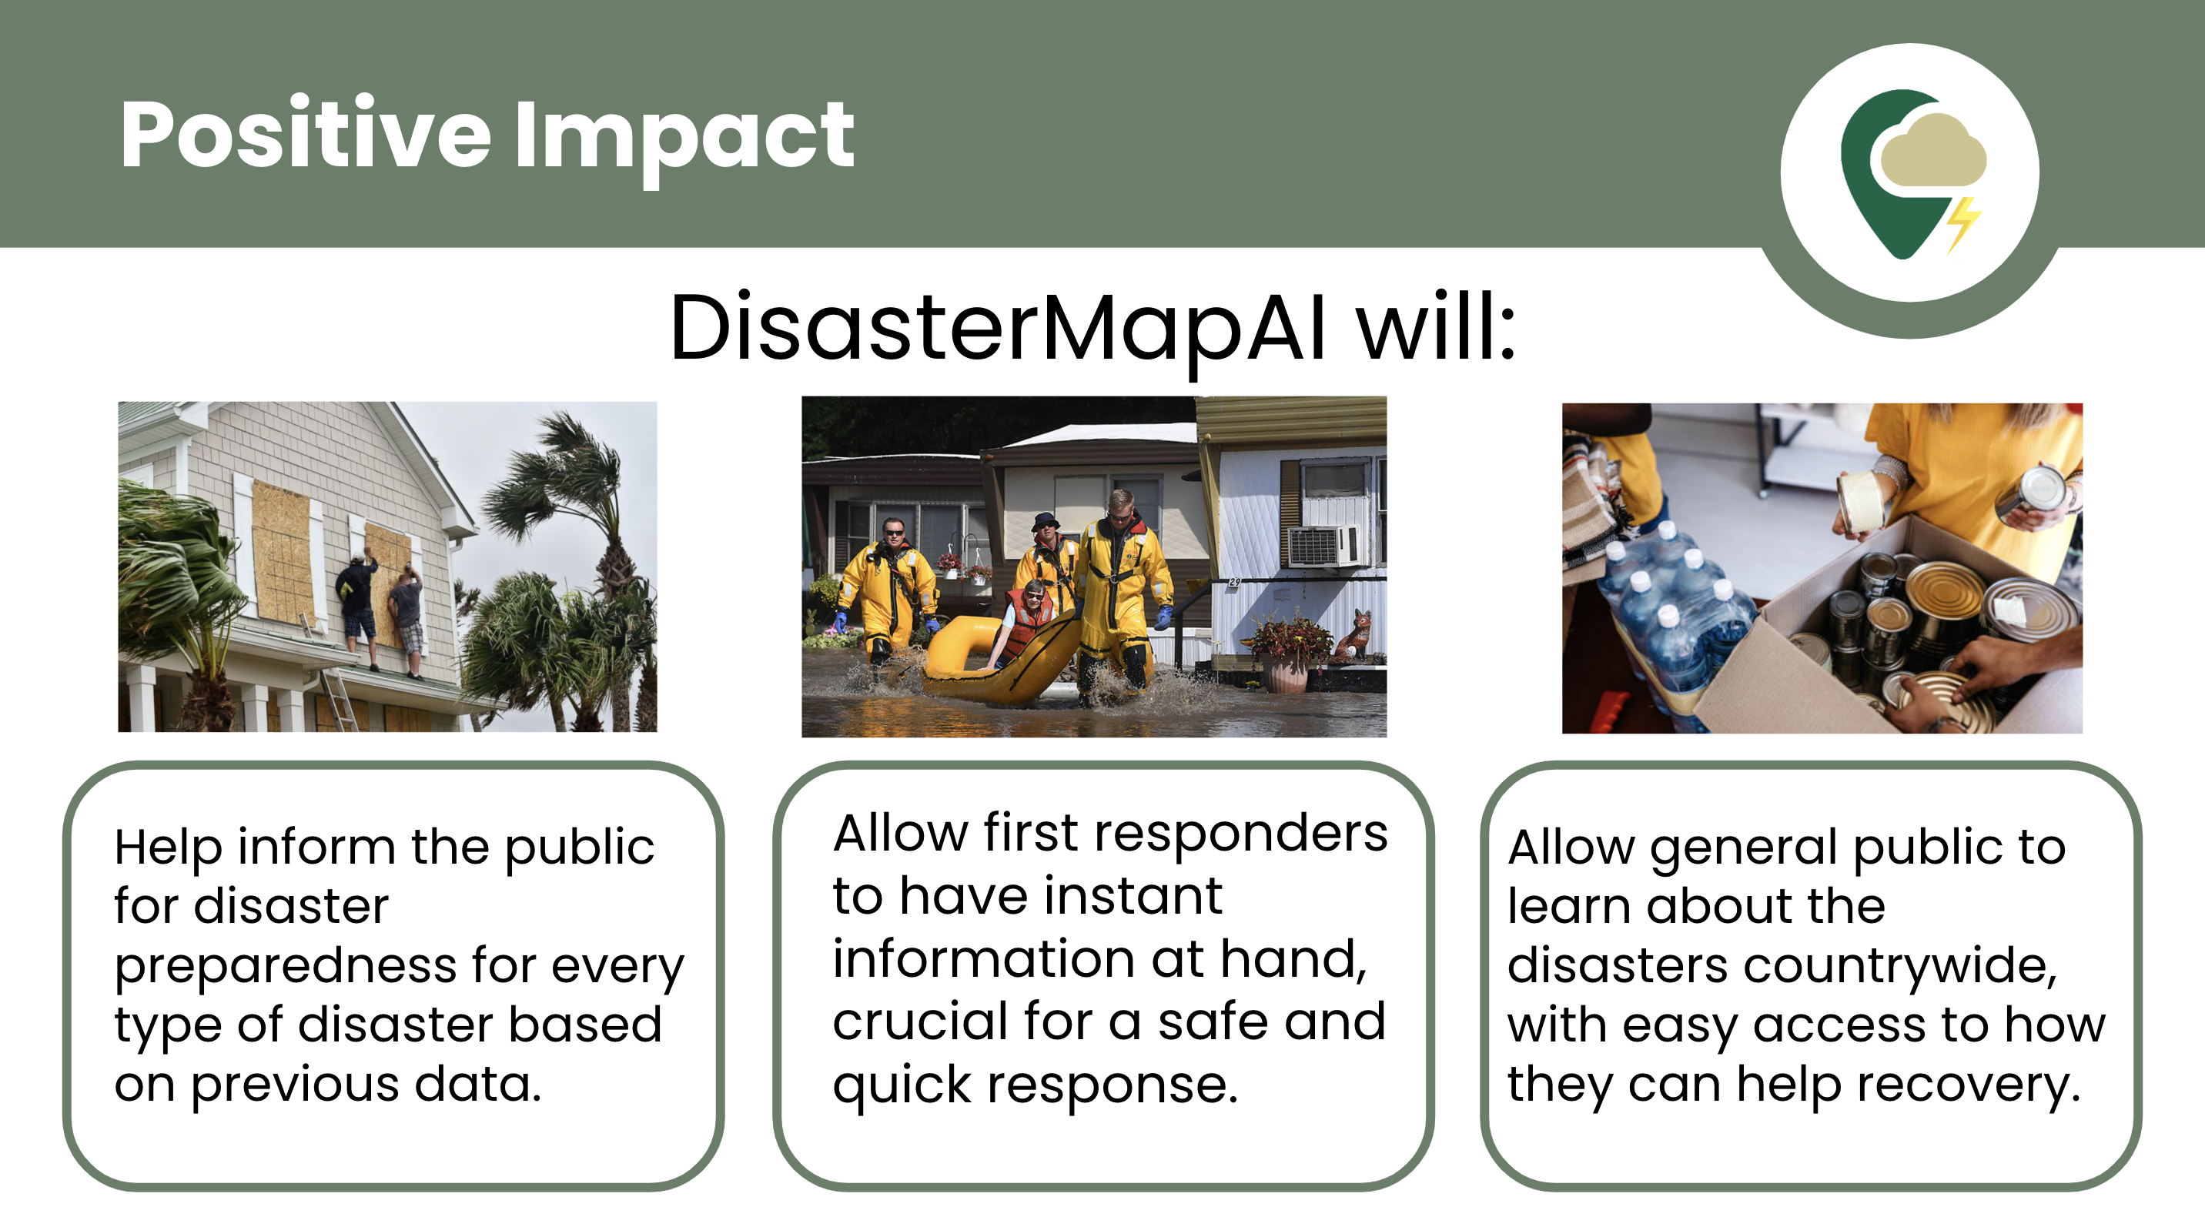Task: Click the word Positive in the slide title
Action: [x=306, y=135]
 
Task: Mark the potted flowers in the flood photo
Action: [x=1291, y=650]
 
